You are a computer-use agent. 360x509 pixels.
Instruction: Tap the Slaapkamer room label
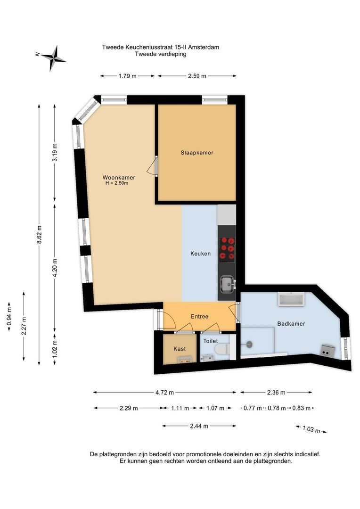point(196,153)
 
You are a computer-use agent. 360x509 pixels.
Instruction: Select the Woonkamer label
point(119,178)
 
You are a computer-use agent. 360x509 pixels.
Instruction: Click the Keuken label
point(200,254)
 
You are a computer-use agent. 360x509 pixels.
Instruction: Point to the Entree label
point(200,317)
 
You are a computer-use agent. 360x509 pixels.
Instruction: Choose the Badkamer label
point(291,324)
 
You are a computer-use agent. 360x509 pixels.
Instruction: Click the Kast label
point(180,349)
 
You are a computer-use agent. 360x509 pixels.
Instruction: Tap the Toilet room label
point(211,341)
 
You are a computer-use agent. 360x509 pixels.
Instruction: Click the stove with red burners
point(227,249)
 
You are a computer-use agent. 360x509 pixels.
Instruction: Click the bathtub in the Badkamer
point(291,299)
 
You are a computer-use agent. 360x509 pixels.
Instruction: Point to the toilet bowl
point(222,349)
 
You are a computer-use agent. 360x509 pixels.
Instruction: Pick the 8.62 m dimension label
point(39,234)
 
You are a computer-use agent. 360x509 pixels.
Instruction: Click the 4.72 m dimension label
point(164,393)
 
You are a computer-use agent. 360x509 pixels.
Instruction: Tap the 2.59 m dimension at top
point(197,76)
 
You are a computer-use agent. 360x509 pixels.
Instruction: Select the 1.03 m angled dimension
point(311,429)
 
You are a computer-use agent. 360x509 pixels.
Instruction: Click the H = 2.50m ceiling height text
point(117,183)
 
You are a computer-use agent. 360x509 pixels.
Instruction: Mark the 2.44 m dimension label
point(199,426)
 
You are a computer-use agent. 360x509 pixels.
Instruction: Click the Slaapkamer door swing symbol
point(152,166)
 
